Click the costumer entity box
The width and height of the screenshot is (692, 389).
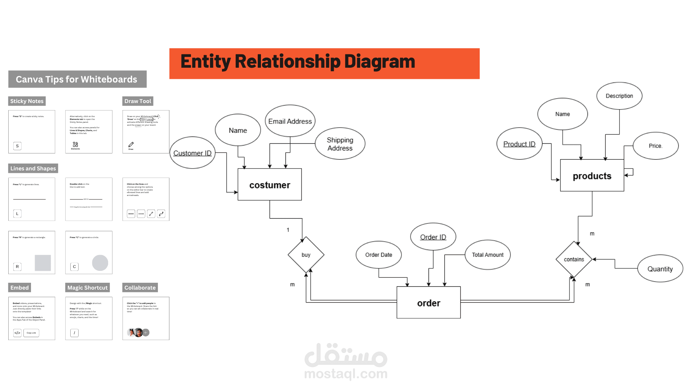[x=270, y=184]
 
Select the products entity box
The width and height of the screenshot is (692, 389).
[x=592, y=175]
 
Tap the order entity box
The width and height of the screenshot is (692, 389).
[x=429, y=303]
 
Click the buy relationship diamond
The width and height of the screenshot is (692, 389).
[x=306, y=255]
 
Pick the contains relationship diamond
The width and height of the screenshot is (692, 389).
[x=574, y=259]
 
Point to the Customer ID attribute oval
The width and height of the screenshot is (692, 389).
[x=192, y=153]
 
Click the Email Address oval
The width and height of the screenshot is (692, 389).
[x=290, y=121]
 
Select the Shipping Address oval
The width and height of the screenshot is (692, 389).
[x=340, y=144]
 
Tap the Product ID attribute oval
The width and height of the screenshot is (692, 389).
[x=519, y=144]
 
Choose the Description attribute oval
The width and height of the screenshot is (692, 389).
[x=619, y=96]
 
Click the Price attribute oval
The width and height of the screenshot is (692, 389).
[x=656, y=146]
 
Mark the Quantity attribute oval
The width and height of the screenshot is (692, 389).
[x=660, y=269]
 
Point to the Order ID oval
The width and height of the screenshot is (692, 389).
[x=433, y=237]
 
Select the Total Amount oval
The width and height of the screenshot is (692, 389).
[x=488, y=255]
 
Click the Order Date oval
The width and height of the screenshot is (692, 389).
[x=378, y=255]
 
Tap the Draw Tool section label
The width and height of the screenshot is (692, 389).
[x=138, y=101]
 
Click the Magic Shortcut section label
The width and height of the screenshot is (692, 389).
[x=88, y=287]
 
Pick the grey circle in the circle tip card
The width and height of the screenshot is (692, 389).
[x=100, y=263]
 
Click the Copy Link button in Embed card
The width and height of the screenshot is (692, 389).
[x=31, y=333]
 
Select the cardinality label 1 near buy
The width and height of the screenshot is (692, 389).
[x=288, y=230]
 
